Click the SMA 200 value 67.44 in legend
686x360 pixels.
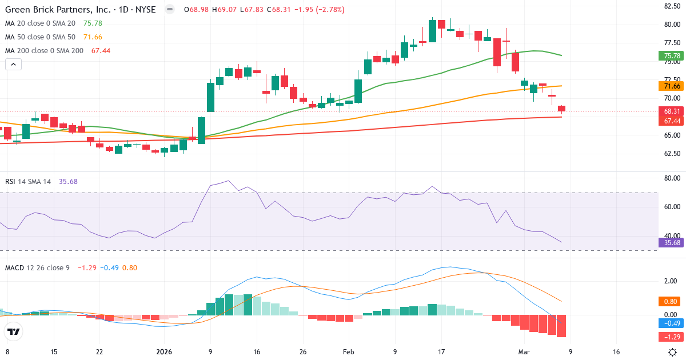(101, 50)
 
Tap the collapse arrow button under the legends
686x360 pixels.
(13, 65)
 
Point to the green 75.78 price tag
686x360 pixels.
(672, 55)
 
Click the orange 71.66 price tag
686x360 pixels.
(672, 86)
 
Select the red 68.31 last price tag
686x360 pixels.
(672, 111)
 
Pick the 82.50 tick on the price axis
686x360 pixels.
(671, 6)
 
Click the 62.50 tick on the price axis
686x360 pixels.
(671, 154)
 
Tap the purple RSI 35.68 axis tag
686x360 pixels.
(672, 242)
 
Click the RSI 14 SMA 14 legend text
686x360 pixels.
(28, 181)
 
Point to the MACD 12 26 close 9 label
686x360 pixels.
(37, 267)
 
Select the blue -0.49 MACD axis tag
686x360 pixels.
(672, 323)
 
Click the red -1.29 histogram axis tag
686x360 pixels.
(672, 336)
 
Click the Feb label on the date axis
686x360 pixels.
(349, 352)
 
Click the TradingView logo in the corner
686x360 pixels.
(13, 331)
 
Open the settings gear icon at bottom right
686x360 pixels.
(673, 352)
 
